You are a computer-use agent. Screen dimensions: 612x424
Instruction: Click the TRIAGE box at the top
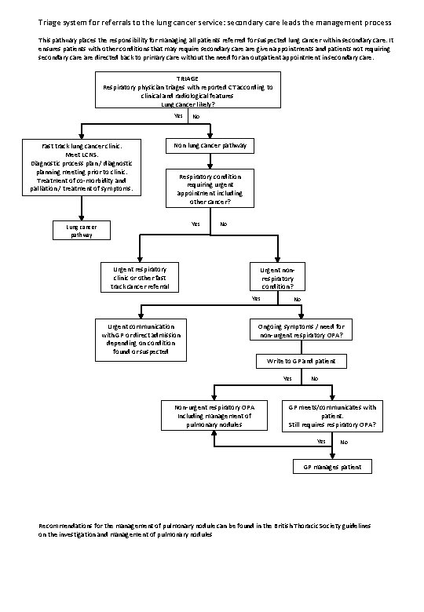click(x=186, y=89)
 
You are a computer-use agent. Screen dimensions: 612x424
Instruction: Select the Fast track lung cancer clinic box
click(x=82, y=167)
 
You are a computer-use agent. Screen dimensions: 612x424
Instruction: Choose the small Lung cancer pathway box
click(x=82, y=230)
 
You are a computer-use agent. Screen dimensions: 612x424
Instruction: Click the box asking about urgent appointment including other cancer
click(x=209, y=189)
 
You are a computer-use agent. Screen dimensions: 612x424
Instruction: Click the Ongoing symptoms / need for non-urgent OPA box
click(x=301, y=330)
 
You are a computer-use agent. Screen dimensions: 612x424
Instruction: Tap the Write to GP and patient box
click(x=301, y=362)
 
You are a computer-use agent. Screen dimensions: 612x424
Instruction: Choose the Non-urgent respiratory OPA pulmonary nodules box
click(x=214, y=416)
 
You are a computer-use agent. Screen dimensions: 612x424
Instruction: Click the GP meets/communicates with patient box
click(x=332, y=416)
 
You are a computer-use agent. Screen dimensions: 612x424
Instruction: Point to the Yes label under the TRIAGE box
click(x=177, y=117)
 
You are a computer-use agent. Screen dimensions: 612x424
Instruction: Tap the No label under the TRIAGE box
click(x=196, y=117)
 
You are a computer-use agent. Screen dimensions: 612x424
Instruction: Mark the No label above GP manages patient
click(x=343, y=442)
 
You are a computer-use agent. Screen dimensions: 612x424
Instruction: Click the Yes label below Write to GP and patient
click(x=287, y=379)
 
